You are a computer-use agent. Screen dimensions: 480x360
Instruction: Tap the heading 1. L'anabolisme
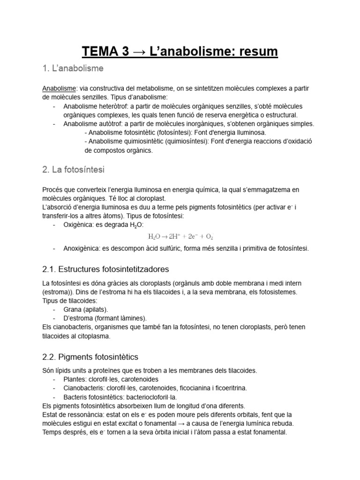click(x=73, y=68)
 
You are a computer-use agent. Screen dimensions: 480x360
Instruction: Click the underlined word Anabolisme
click(x=59, y=89)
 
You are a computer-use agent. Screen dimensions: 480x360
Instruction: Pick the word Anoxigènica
click(x=82, y=248)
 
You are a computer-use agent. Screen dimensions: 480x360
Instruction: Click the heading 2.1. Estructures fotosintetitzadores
click(x=105, y=270)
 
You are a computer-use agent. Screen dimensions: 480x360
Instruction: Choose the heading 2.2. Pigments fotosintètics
click(x=90, y=357)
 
